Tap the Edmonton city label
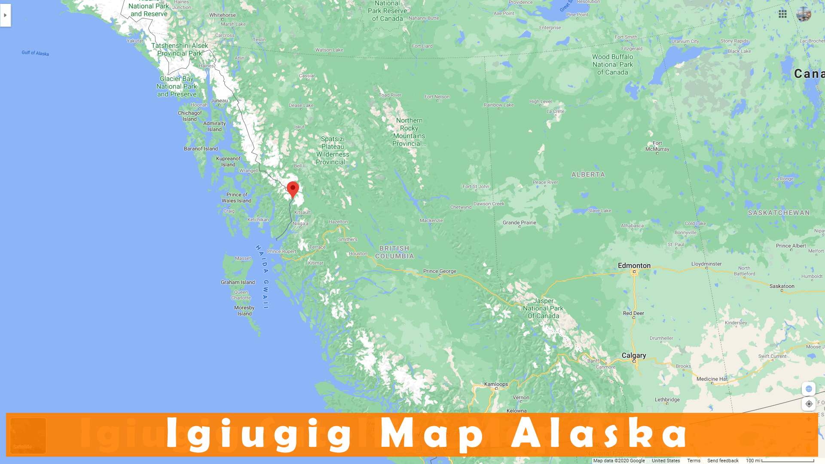coord(634,266)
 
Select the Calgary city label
coord(633,355)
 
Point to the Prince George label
coord(439,271)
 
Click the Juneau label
coord(219,101)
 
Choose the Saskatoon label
coord(782,286)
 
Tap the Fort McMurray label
coord(657,146)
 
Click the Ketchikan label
coord(258,220)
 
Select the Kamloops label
coord(496,384)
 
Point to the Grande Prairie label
coord(519,223)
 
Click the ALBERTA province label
coord(588,174)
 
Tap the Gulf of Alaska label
coord(35,53)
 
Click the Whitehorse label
coord(222,15)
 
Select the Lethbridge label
coord(667,400)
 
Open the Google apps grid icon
coord(782,14)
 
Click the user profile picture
coord(804,14)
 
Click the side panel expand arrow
coord(5,15)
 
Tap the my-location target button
coord(809,404)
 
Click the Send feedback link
coord(723,461)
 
